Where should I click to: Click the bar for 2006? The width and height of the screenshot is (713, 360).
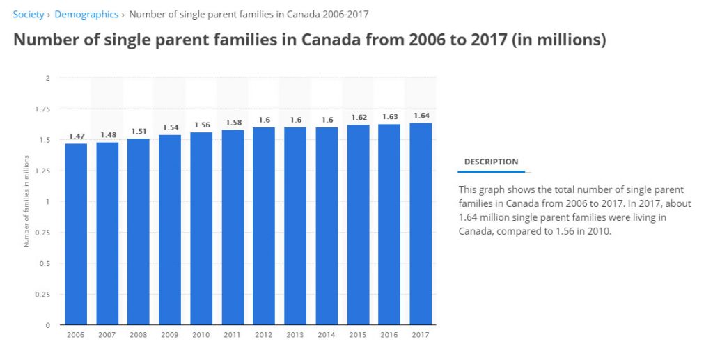76,234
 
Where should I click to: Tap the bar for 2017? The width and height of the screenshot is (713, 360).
421,224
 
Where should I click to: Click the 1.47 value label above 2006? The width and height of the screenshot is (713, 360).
76,136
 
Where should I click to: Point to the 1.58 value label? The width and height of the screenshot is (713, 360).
233,123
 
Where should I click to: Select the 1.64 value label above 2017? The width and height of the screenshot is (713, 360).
421,116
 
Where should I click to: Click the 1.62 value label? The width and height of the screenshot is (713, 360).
358,118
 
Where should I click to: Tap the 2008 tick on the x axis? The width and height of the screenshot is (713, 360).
139,335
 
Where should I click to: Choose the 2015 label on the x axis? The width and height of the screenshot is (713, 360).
358,335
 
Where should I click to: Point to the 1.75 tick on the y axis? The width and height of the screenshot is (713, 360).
43,109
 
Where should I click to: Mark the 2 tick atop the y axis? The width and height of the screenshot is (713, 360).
47,78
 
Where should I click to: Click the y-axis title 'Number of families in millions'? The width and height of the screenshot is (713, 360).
26,202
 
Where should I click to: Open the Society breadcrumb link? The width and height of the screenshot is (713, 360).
29,14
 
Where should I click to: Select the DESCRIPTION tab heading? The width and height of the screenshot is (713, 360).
491,162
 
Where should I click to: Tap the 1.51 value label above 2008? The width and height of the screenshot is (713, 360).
139,132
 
